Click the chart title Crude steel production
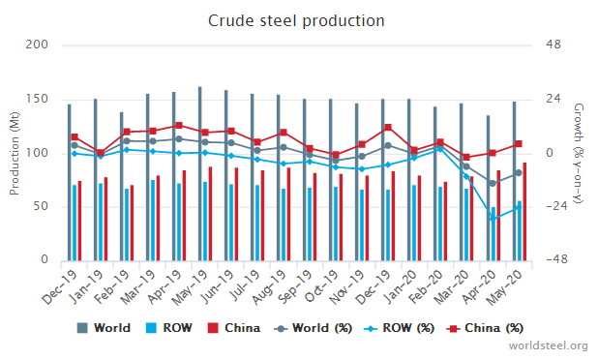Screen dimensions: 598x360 click(x=296, y=20)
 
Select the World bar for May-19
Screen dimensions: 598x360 click(x=200, y=174)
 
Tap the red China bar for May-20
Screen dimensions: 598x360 click(x=524, y=212)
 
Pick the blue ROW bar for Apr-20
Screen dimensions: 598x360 click(x=493, y=234)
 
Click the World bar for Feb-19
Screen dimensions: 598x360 click(x=122, y=187)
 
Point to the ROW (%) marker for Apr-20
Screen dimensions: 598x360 click(x=493, y=219)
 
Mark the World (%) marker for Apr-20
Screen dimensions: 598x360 click(x=493, y=184)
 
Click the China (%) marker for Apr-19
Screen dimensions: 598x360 click(x=179, y=125)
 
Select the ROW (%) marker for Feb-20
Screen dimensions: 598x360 click(x=440, y=149)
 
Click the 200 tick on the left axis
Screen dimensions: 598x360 click(x=37, y=45)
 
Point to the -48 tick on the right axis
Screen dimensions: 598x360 click(x=556, y=259)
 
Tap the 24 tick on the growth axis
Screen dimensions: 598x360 click(x=553, y=99)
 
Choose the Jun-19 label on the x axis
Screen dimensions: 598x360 click(x=219, y=286)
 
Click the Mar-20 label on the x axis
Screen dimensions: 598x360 click(x=453, y=286)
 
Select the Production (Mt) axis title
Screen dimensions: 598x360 click(x=15, y=153)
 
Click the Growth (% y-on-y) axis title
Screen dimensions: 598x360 click(x=579, y=153)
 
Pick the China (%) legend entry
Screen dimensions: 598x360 click(x=485, y=328)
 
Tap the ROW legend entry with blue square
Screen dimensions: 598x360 click(x=169, y=328)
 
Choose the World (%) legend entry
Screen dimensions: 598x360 click(x=313, y=328)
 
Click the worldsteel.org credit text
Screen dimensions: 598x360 click(x=548, y=345)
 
